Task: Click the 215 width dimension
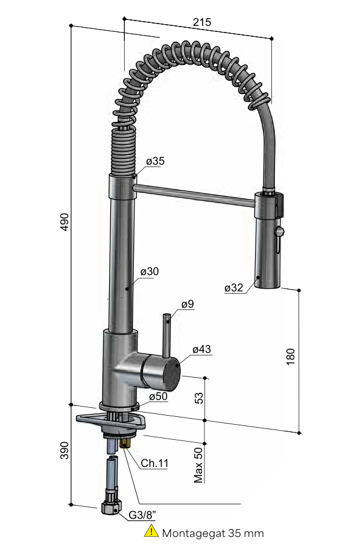tap(202, 22)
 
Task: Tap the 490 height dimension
tap(65, 222)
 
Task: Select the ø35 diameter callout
tap(155, 161)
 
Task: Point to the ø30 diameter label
tap(150, 271)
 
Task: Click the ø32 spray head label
tap(233, 288)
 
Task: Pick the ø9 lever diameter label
tap(188, 304)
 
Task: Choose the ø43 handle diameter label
tap(202, 349)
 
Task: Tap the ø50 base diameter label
tap(159, 396)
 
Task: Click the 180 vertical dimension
tap(290, 357)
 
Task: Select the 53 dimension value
tap(199, 398)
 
